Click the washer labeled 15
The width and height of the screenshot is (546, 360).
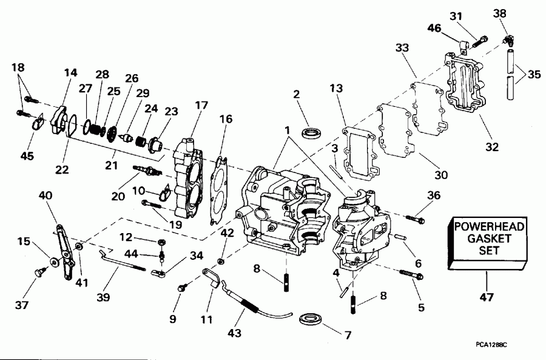pyautogui.click(x=55, y=261)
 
